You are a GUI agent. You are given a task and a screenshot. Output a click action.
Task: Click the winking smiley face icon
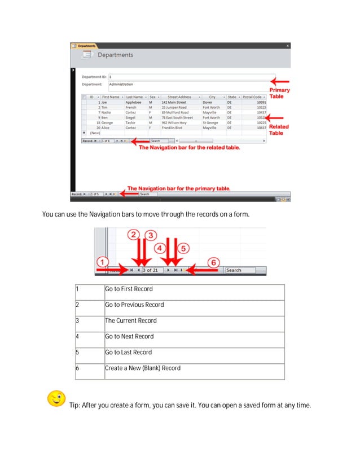[x=56, y=398]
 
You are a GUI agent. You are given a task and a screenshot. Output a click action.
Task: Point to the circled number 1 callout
[x=102, y=263]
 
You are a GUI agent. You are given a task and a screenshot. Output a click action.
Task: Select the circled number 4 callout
[x=160, y=248]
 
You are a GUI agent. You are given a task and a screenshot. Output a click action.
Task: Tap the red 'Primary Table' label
[x=280, y=93]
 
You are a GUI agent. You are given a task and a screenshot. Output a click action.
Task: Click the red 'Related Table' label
[x=279, y=130]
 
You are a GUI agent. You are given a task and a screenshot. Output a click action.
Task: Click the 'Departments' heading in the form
[x=115, y=55]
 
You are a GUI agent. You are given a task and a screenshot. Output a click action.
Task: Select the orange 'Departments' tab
[x=85, y=45]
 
